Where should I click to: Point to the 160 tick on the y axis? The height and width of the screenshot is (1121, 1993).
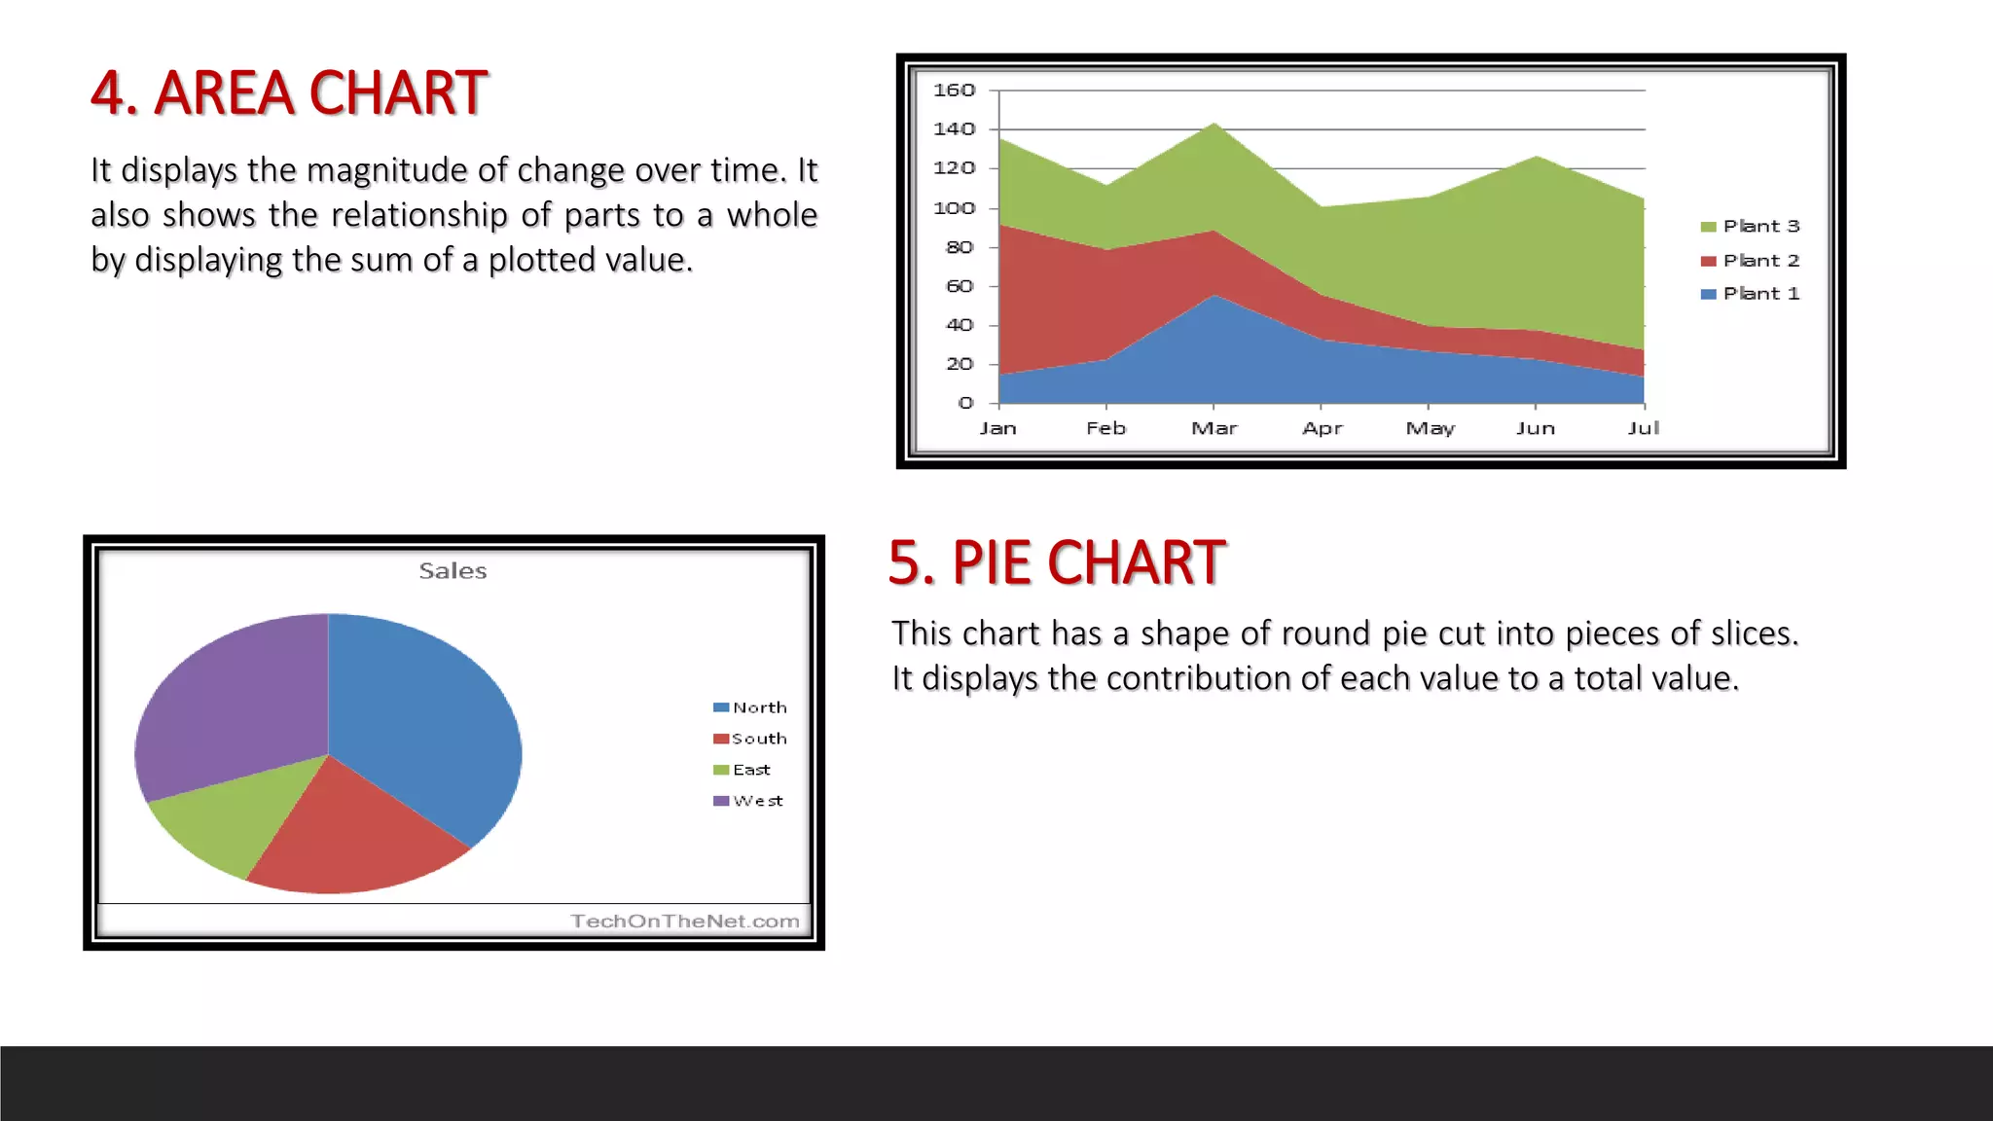point(954,90)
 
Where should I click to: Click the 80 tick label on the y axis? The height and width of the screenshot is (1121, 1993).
point(959,247)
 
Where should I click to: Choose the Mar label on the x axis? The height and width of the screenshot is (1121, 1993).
point(1214,428)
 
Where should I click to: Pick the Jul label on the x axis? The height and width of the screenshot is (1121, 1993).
point(1643,428)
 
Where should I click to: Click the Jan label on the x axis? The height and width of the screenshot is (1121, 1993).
point(997,428)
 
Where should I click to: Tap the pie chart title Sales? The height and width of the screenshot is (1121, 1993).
point(453,571)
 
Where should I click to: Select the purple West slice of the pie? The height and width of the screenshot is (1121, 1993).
point(234,701)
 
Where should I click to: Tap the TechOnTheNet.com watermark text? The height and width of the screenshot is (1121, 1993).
point(684,922)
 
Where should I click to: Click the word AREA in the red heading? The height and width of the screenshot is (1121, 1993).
point(224,93)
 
